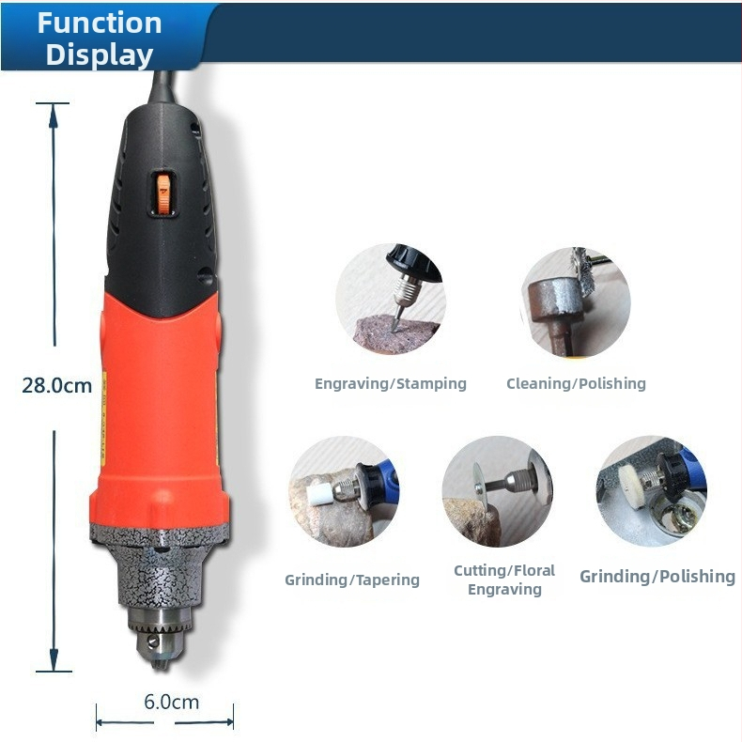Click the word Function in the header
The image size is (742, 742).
100,23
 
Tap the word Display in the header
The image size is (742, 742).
100,54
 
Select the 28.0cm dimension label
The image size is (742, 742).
56,386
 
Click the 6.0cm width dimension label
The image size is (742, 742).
171,702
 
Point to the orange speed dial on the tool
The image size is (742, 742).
163,194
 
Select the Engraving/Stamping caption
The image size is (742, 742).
391,384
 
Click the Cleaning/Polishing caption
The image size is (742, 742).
576,384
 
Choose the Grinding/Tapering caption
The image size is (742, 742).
352,580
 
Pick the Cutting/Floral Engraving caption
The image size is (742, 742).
504,580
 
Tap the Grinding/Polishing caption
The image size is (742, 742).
657,577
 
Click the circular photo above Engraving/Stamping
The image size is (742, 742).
391,299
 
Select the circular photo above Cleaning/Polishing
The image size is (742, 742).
576,301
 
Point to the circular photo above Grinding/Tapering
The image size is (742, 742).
344,491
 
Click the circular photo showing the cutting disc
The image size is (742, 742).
498,491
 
